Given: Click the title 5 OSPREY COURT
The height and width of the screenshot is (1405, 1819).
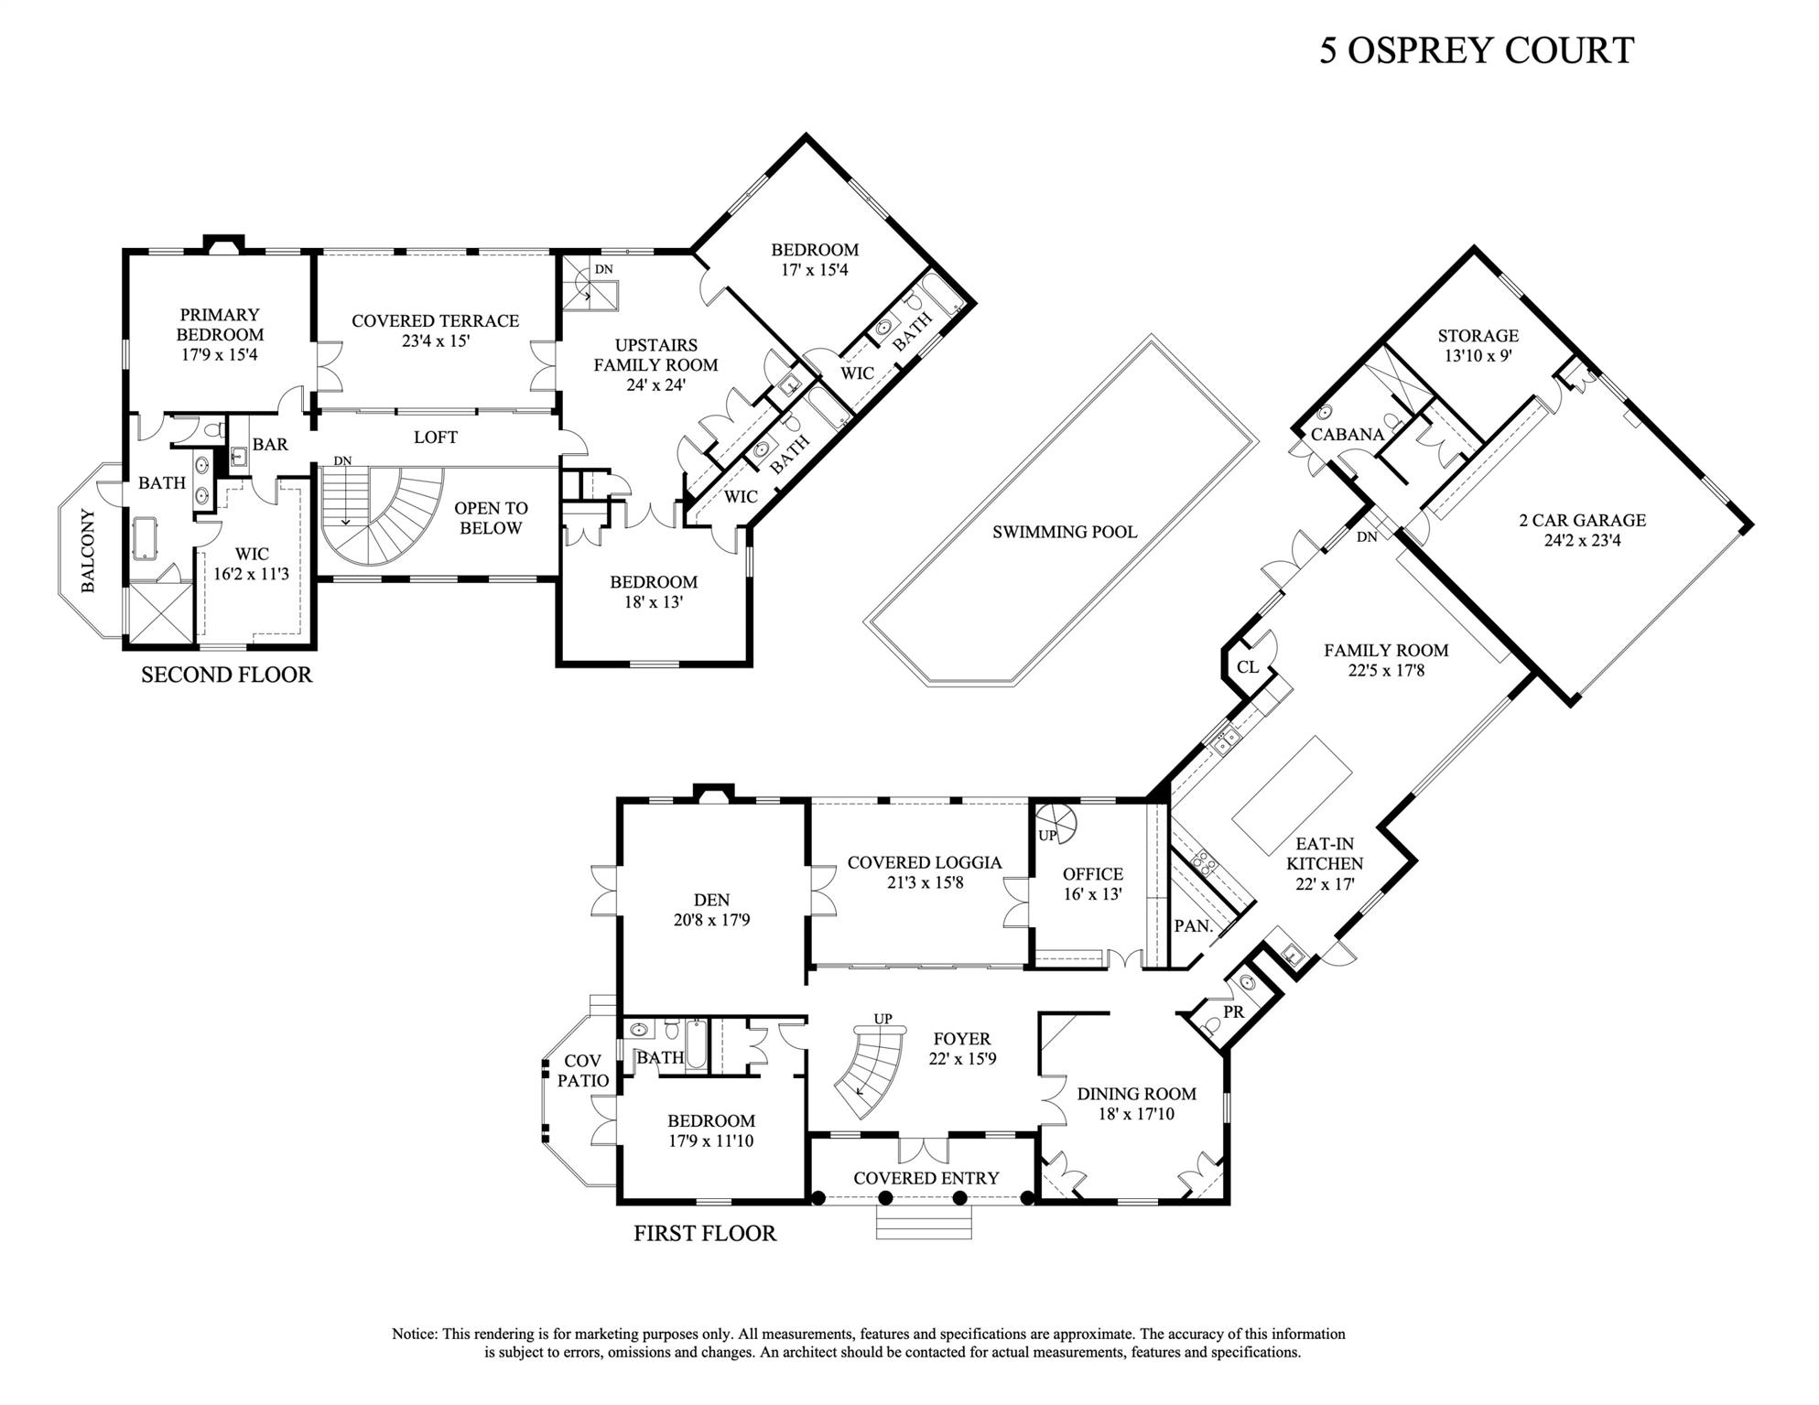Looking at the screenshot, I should click(1476, 50).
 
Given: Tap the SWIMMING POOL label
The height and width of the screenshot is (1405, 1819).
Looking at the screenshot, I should click(1065, 532).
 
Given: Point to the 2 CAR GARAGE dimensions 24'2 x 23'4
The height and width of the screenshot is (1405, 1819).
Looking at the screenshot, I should click(1582, 541).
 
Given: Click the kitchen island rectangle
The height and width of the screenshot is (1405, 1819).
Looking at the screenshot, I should click(1292, 794).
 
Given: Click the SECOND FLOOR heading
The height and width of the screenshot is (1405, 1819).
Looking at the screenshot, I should click(226, 675).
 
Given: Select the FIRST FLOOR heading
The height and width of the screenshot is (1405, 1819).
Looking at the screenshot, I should click(705, 1234).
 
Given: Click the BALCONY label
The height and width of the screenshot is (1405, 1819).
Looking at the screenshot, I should click(88, 550).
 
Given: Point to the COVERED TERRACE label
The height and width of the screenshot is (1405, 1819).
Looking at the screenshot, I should click(435, 321).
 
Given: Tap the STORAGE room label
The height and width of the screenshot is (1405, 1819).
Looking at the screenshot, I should click(1478, 336).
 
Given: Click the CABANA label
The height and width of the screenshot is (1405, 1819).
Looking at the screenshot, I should click(1347, 435).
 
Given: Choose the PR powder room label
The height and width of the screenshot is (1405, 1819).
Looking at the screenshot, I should click(1233, 1013).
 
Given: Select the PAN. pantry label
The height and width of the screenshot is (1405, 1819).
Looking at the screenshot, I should click(1193, 926).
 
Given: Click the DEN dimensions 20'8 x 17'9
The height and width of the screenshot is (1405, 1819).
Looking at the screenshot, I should click(711, 920).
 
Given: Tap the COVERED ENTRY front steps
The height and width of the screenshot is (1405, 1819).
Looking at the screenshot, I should click(923, 1224).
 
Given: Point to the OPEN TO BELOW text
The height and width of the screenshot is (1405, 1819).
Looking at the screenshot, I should click(491, 518).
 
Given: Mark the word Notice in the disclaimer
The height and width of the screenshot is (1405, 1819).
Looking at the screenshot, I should click(415, 1335).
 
